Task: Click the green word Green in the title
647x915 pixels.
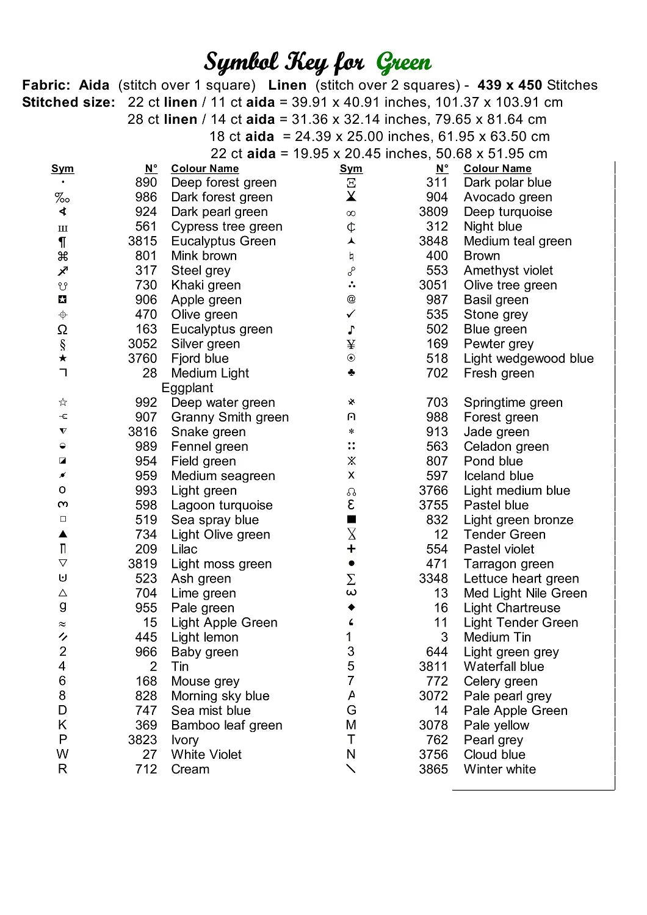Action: pyautogui.click(x=403, y=63)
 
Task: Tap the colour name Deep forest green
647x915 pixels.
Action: pyautogui.click(x=223, y=183)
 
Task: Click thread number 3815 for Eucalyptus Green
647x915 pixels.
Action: pyautogui.click(x=142, y=242)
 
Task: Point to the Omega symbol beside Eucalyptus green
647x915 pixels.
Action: pyautogui.click(x=62, y=329)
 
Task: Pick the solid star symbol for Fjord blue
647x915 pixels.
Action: pyautogui.click(x=63, y=358)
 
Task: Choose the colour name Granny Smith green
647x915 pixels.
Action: pyautogui.click(x=230, y=417)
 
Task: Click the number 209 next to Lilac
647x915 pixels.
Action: pyautogui.click(x=146, y=550)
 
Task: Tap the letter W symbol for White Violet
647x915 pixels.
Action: pyautogui.click(x=62, y=755)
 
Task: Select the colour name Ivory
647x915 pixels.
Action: pyautogui.click(x=185, y=740)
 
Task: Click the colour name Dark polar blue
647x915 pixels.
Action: pyautogui.click(x=507, y=183)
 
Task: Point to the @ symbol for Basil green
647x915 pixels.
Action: pyautogui.click(x=351, y=300)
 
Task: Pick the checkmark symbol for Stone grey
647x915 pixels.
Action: pyautogui.click(x=351, y=314)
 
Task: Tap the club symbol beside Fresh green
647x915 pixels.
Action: pyautogui.click(x=351, y=373)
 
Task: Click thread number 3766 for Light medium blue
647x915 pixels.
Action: pyautogui.click(x=433, y=491)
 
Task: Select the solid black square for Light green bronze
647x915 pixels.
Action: pyautogui.click(x=351, y=520)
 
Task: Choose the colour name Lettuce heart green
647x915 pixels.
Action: pyautogui.click(x=521, y=579)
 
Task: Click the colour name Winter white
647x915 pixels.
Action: pyautogui.click(x=499, y=769)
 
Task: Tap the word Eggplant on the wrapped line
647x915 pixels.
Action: pyautogui.click(x=187, y=388)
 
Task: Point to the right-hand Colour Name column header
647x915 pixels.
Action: pyautogui.click(x=497, y=169)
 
